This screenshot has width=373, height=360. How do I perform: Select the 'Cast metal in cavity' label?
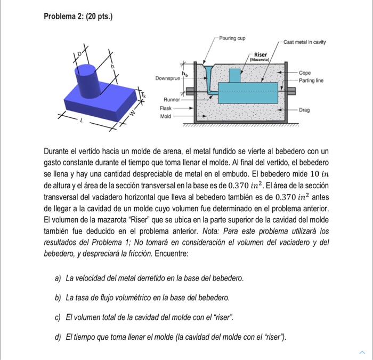[x=305, y=42]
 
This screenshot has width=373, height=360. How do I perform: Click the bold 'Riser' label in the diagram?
[x=261, y=54]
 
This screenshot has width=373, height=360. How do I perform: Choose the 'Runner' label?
[x=171, y=99]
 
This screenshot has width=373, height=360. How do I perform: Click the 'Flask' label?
[x=166, y=107]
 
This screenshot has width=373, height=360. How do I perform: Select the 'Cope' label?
[x=305, y=73]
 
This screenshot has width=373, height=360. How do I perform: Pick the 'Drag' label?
[x=304, y=109]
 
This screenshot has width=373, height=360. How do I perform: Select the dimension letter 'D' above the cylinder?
[x=81, y=53]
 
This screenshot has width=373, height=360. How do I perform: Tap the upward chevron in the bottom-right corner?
[x=362, y=352]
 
